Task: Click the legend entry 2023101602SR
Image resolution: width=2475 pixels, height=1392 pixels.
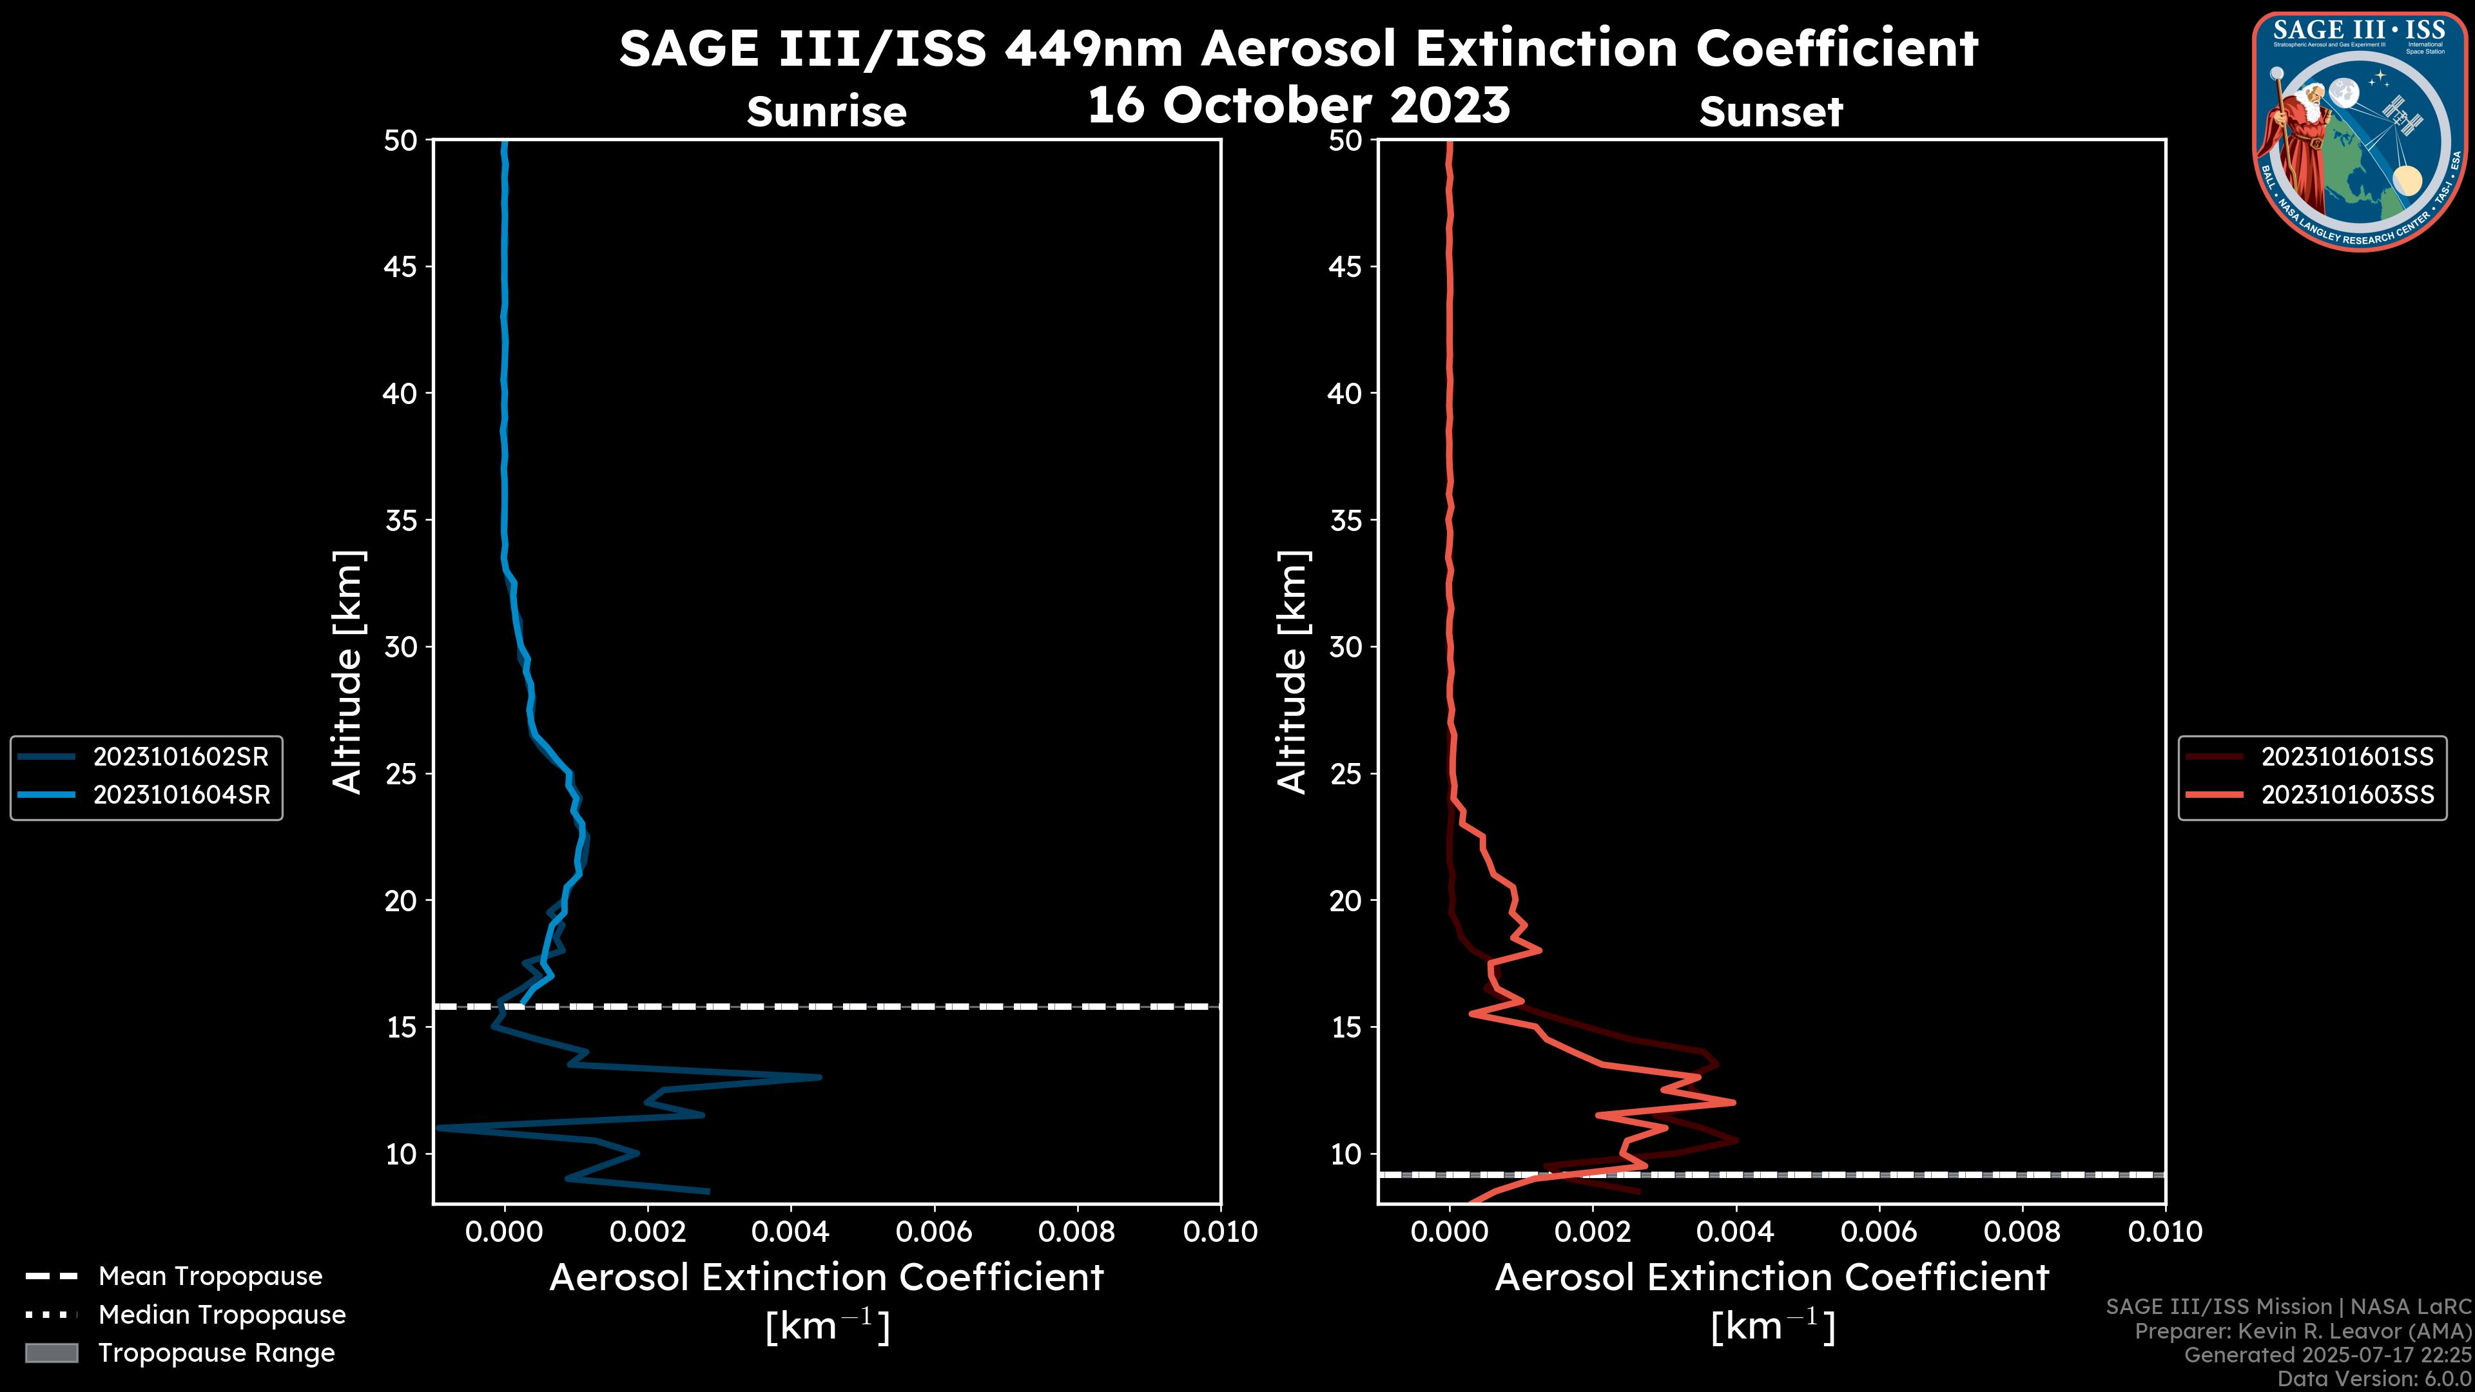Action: coord(180,757)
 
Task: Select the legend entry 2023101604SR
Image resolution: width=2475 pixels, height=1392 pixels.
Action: coord(180,795)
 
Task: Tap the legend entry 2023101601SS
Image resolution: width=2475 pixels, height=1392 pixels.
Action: coord(2347,757)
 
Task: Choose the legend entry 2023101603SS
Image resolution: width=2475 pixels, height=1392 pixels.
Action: coord(2347,795)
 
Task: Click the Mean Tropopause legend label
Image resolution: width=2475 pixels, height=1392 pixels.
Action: coord(210,1276)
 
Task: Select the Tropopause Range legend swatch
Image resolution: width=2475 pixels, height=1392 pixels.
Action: coord(51,1353)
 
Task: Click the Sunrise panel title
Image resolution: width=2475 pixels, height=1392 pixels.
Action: coord(826,112)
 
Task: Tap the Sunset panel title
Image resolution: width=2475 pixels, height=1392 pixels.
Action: coord(1771,112)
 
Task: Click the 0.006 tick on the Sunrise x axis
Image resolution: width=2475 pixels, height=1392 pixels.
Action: coord(934,1232)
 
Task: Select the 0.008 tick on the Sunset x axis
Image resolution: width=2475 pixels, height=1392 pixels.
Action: coord(2023,1232)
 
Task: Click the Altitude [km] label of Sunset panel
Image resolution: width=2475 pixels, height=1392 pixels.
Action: coord(1292,672)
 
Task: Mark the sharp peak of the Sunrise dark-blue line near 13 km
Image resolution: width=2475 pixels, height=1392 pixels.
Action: coord(819,1077)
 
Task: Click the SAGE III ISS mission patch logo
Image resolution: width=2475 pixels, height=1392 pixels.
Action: coord(2359,131)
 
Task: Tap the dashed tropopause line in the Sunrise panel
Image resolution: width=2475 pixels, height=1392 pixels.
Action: coord(865,1007)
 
